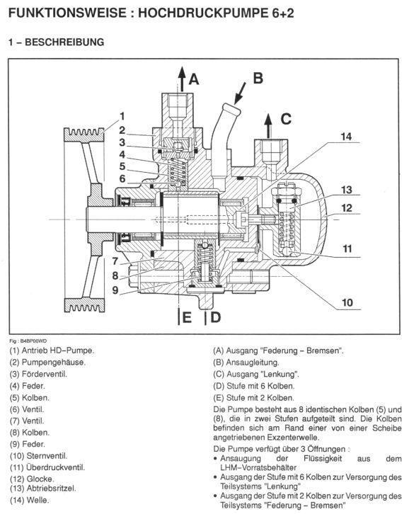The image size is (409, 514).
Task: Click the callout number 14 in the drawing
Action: (347, 137)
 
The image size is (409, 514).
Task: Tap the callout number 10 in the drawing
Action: (347, 302)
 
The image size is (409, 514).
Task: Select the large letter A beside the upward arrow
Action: (194, 79)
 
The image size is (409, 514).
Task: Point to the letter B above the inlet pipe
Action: (258, 79)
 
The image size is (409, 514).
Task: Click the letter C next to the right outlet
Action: (286, 119)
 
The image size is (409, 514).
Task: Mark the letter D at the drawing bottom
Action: (215, 317)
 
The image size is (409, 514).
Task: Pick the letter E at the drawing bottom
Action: (187, 318)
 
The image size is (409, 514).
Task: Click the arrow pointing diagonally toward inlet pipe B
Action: (240, 93)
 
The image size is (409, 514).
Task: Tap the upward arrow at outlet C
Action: (268, 126)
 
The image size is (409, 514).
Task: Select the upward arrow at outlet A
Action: (181, 79)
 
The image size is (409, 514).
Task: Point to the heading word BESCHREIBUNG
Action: (64, 42)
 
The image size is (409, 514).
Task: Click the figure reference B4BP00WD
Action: (31, 341)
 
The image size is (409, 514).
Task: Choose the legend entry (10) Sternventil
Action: (39, 456)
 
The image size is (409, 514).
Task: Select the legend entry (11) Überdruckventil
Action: (47, 467)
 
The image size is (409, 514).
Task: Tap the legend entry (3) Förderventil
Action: (38, 374)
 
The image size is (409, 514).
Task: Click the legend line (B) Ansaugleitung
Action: (246, 362)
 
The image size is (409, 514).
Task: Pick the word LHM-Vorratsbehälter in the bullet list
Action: (258, 467)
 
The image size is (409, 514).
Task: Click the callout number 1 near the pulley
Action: (122, 116)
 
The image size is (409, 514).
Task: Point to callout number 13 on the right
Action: (347, 190)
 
